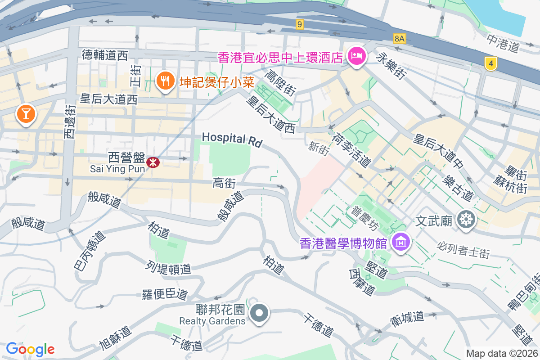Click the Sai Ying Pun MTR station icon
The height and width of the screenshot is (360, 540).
pos(153,162)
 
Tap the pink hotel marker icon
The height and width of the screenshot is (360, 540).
pos(357,57)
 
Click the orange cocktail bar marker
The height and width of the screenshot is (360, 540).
pos(26,113)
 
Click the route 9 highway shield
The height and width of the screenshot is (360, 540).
pos(300,24)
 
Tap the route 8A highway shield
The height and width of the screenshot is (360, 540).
pos(399,39)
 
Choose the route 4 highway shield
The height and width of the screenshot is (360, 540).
pos(491,63)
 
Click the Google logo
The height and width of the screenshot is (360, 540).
pos(30,349)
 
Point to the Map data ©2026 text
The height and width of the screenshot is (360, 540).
pos(501,354)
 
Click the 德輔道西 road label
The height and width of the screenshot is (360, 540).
pos(105,55)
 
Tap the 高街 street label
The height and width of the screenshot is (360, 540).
pos(225,183)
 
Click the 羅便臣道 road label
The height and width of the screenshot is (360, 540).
pos(165,294)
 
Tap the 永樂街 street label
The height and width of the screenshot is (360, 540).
pos(390,66)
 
